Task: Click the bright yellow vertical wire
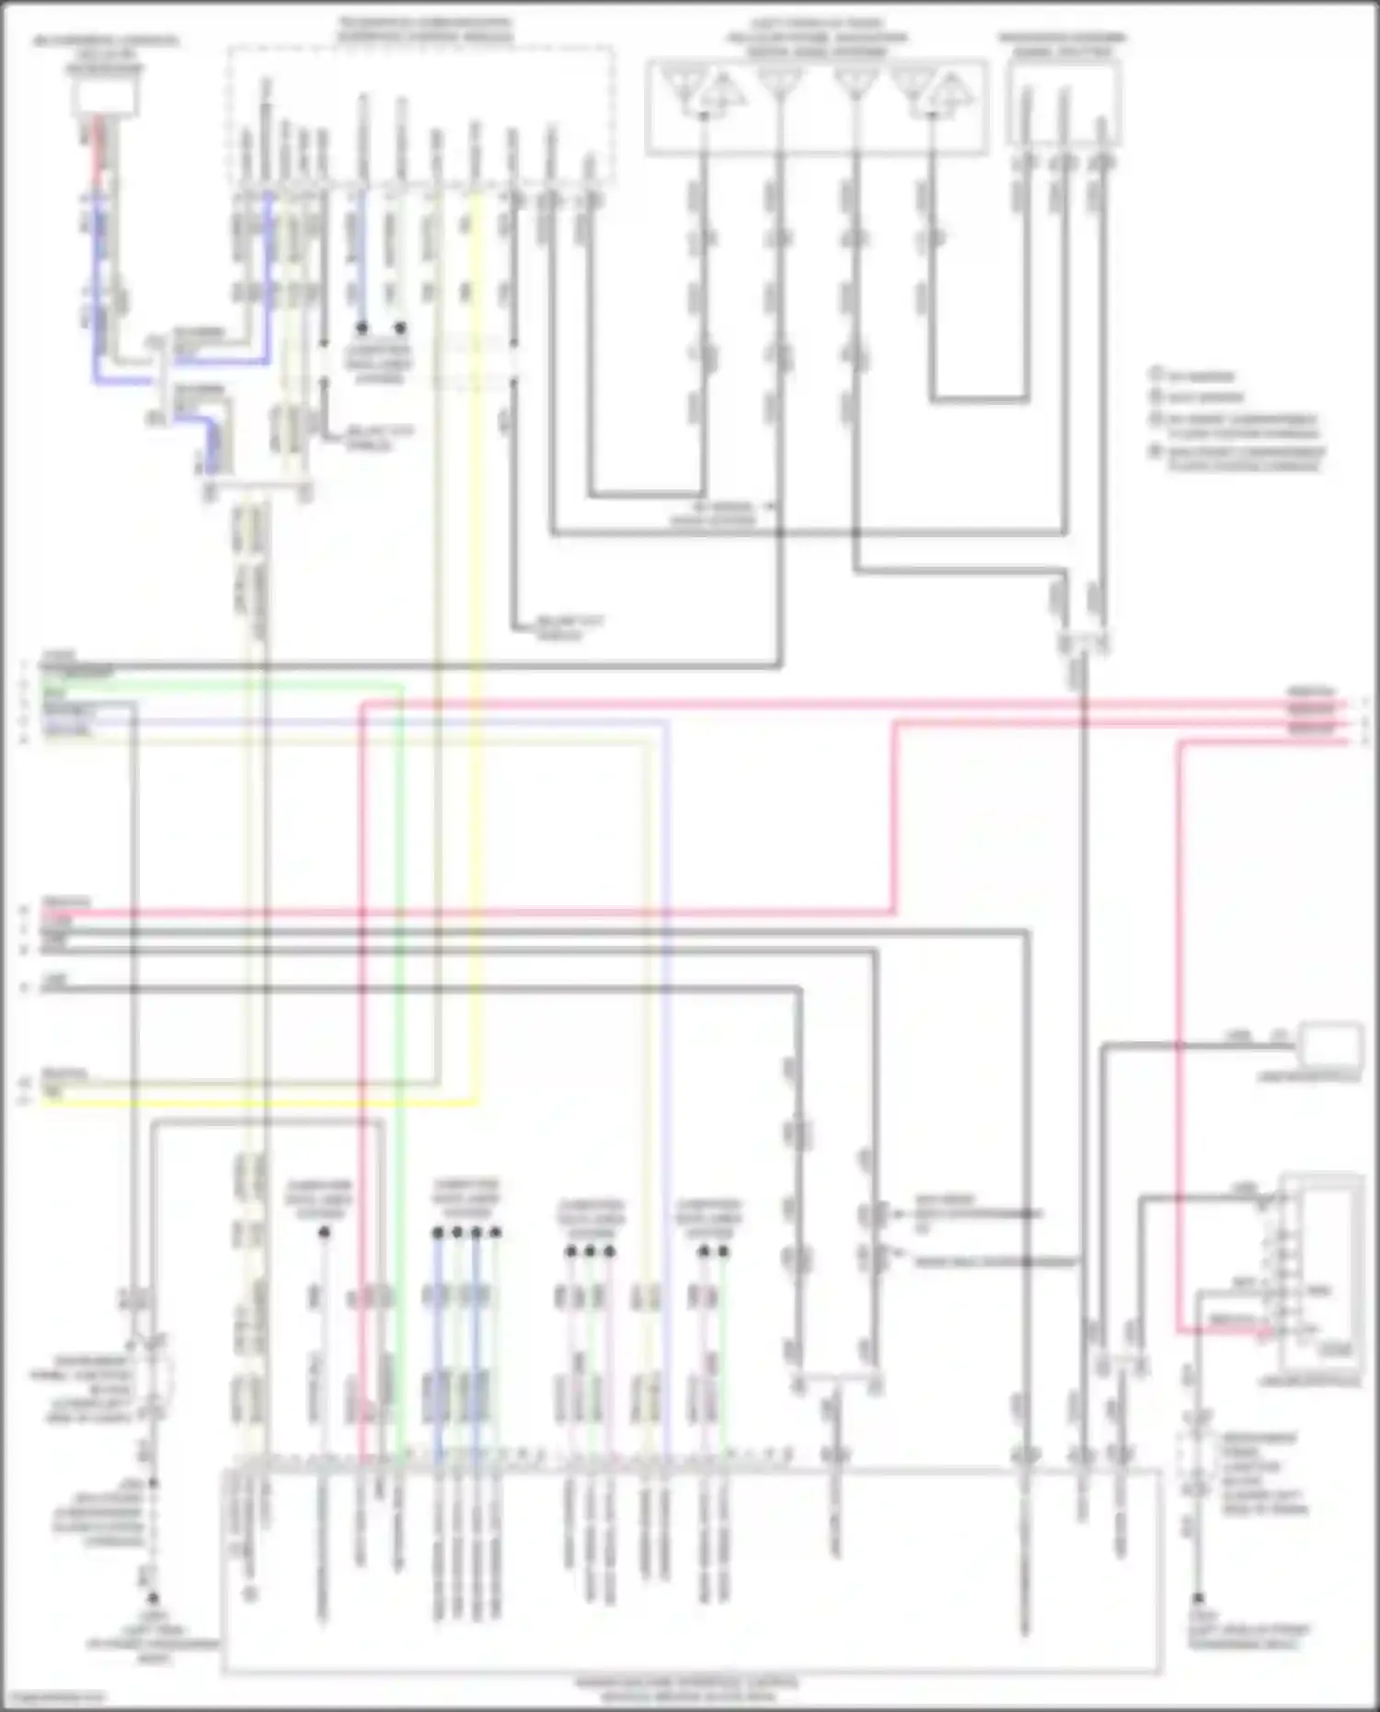pyautogui.click(x=477, y=644)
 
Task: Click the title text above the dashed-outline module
pyautogui.click(x=424, y=29)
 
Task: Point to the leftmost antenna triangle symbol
pyautogui.click(x=683, y=86)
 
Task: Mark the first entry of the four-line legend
pyautogui.click(x=1196, y=376)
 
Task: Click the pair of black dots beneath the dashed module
pyautogui.click(x=382, y=327)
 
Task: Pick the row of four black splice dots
pyautogui.click(x=467, y=1231)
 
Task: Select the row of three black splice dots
pyautogui.click(x=590, y=1251)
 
